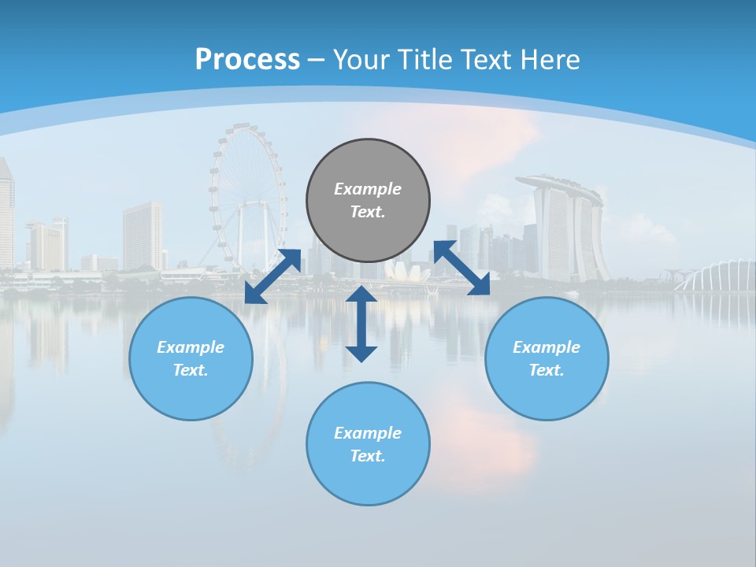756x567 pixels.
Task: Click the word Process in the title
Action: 247,59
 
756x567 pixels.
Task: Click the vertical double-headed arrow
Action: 361,324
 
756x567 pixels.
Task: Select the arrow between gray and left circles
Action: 272,276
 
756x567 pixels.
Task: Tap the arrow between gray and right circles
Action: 461,268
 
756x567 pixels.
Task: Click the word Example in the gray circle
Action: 368,189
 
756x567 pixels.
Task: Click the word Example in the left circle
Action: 191,347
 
